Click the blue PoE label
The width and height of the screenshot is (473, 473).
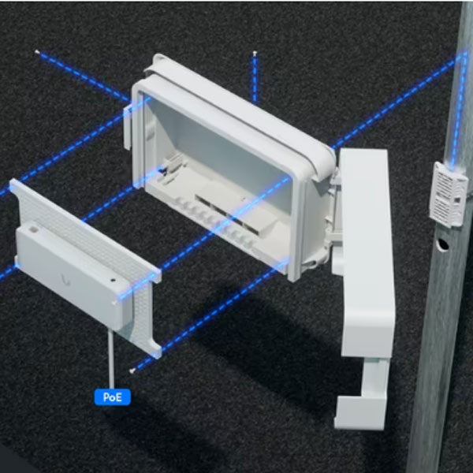pyautogui.click(x=112, y=397)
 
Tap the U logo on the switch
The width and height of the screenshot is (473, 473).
pyautogui.click(x=61, y=278)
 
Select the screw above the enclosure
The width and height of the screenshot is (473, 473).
pyautogui.click(x=255, y=54)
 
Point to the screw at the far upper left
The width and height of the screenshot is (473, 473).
pyautogui.click(x=36, y=52)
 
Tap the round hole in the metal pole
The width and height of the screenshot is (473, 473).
pyautogui.click(x=444, y=245)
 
